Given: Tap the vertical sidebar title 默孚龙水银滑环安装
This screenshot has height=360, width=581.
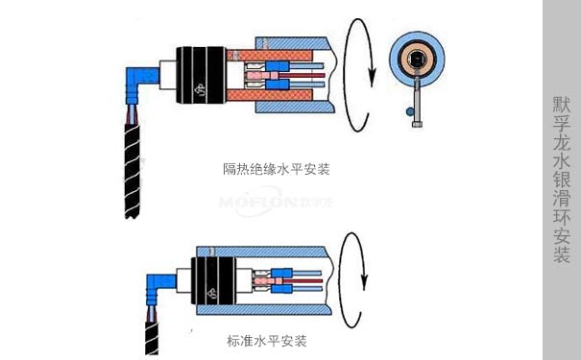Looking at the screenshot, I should click(562, 180).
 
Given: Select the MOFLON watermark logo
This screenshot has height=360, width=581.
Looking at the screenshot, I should click(262, 203).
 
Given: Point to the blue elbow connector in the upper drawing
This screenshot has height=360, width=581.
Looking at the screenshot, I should click(136, 81).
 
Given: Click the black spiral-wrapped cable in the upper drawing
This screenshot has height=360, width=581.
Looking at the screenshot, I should click(134, 168).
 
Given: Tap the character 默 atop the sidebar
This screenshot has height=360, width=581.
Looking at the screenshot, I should click(562, 103).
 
